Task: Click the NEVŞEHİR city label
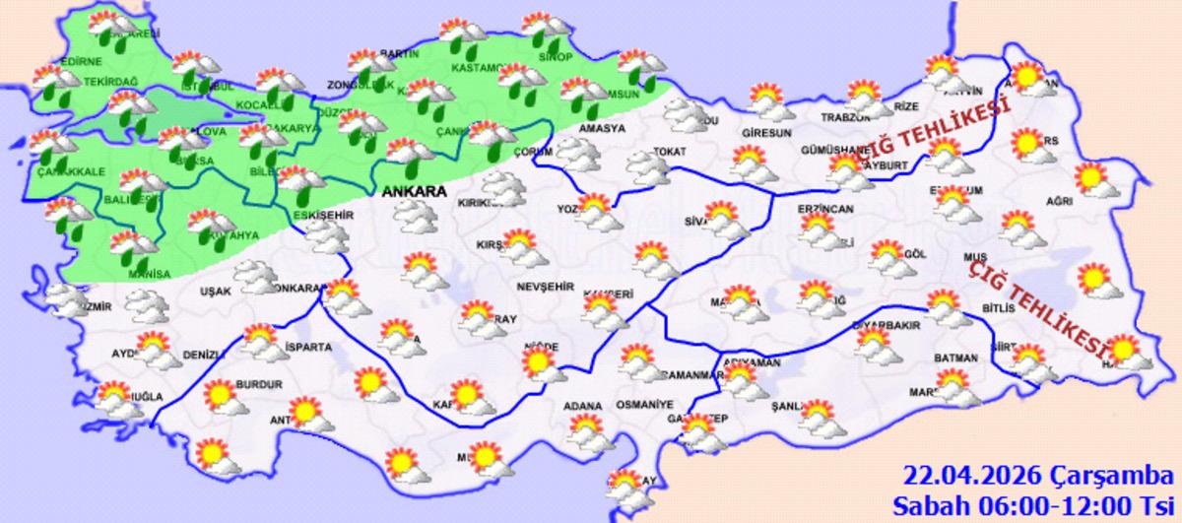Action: tap(545, 286)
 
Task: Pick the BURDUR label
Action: tap(259, 384)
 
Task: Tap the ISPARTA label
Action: tap(308, 347)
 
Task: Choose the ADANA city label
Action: tap(582, 404)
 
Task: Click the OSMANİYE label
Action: tap(643, 405)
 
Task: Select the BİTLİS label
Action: tap(998, 308)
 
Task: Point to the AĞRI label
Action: tap(1059, 201)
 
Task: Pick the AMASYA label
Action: tap(602, 129)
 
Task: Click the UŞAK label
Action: tap(215, 292)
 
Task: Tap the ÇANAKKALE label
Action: tap(70, 171)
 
